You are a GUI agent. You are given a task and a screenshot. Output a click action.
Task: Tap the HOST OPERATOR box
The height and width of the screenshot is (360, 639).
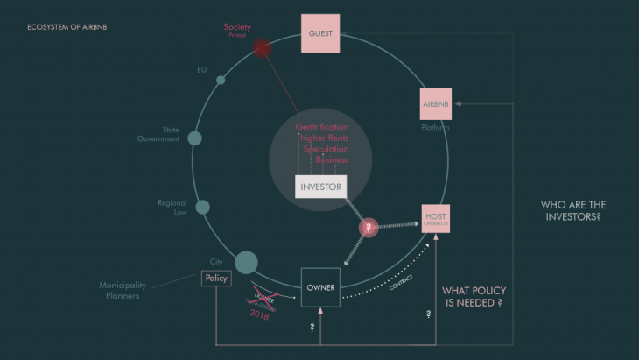(x=436, y=219)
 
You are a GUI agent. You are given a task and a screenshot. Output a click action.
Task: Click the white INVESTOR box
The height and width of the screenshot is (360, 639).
(x=320, y=186)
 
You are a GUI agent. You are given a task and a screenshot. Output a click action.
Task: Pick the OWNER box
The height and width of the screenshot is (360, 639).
(x=320, y=287)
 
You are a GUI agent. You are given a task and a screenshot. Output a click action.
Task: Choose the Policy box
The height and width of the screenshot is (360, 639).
(x=215, y=279)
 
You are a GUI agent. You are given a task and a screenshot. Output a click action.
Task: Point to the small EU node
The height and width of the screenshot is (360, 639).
(x=221, y=80)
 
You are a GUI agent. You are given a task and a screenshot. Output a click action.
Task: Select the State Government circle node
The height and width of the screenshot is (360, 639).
(x=194, y=138)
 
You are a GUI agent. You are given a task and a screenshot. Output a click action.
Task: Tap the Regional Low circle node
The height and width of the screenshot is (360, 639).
(x=202, y=208)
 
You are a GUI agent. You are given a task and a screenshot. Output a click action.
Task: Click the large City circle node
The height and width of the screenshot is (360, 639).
(x=246, y=261)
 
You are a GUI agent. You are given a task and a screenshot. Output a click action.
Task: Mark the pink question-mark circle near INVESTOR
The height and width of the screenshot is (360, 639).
(x=369, y=227)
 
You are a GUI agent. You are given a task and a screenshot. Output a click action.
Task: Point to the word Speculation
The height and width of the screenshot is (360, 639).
(x=325, y=149)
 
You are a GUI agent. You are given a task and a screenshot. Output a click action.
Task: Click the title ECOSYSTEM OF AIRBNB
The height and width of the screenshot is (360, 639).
(x=67, y=27)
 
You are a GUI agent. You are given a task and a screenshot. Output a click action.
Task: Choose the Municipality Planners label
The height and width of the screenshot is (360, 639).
(x=122, y=290)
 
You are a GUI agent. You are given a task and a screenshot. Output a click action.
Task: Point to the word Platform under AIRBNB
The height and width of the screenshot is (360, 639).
(x=435, y=128)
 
